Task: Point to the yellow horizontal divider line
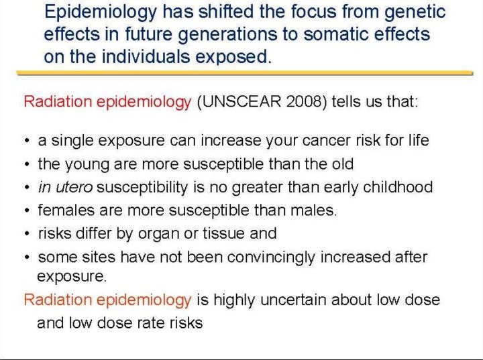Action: [245, 73]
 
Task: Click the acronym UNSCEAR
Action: [241, 102]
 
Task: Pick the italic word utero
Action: [74, 187]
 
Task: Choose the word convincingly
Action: [272, 257]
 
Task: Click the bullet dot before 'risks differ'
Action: [28, 234]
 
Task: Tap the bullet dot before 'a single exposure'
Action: [28, 141]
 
